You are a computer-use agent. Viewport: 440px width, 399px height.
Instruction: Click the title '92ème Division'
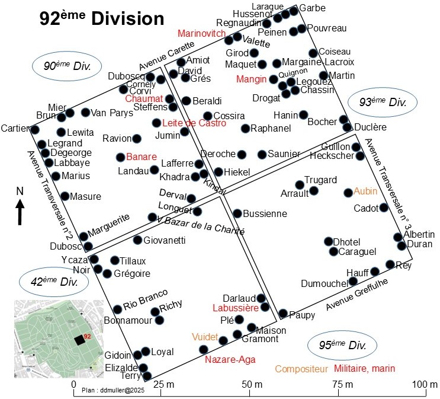[102, 18]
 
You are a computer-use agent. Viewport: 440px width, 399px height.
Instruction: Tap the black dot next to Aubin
[348, 193]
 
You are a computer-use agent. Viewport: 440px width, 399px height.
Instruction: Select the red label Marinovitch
[201, 33]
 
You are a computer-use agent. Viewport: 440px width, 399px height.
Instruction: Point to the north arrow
[20, 212]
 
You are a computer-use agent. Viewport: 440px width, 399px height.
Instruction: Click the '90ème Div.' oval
[67, 66]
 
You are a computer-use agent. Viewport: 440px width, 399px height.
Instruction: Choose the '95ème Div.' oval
[342, 345]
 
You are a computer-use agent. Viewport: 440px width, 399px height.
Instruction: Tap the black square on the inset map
[79, 340]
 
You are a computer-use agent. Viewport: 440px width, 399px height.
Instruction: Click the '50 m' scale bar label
[252, 384]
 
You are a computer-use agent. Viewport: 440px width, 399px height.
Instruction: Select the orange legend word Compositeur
[301, 369]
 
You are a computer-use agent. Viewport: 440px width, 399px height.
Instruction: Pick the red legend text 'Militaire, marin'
[364, 368]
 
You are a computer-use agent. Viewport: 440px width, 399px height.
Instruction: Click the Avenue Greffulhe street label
[357, 295]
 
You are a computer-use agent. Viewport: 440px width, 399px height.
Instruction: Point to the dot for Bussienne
[237, 213]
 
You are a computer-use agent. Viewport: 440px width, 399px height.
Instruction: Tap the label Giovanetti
[165, 240]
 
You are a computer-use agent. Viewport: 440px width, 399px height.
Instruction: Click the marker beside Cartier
[35, 129]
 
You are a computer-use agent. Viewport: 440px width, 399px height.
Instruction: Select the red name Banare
[142, 157]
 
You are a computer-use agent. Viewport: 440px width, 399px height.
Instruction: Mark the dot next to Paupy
[283, 313]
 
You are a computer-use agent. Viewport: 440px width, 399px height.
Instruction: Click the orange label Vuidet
[205, 337]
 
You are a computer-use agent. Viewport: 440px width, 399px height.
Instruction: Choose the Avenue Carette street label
[166, 56]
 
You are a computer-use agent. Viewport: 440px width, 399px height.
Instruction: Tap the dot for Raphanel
[246, 129]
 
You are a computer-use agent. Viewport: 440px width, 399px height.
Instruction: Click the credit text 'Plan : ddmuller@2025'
[113, 390]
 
